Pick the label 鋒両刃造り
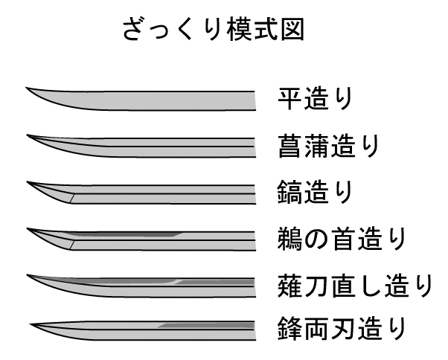[342, 328]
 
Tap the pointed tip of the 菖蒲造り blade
[28, 135]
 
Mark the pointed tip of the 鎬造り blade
[28, 181]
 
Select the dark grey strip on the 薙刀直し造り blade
[216, 281]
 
